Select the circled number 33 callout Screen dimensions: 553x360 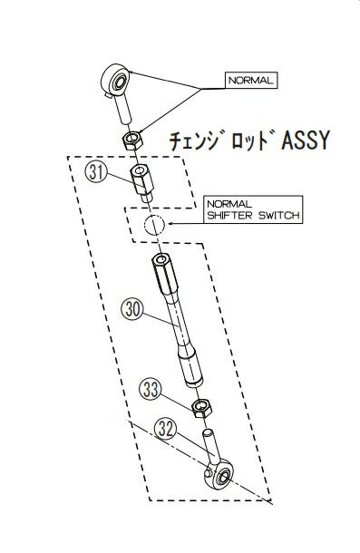click(151, 390)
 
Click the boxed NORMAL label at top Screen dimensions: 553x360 click(250, 80)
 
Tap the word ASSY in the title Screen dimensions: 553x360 click(298, 141)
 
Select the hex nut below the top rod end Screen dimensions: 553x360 click(131, 140)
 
